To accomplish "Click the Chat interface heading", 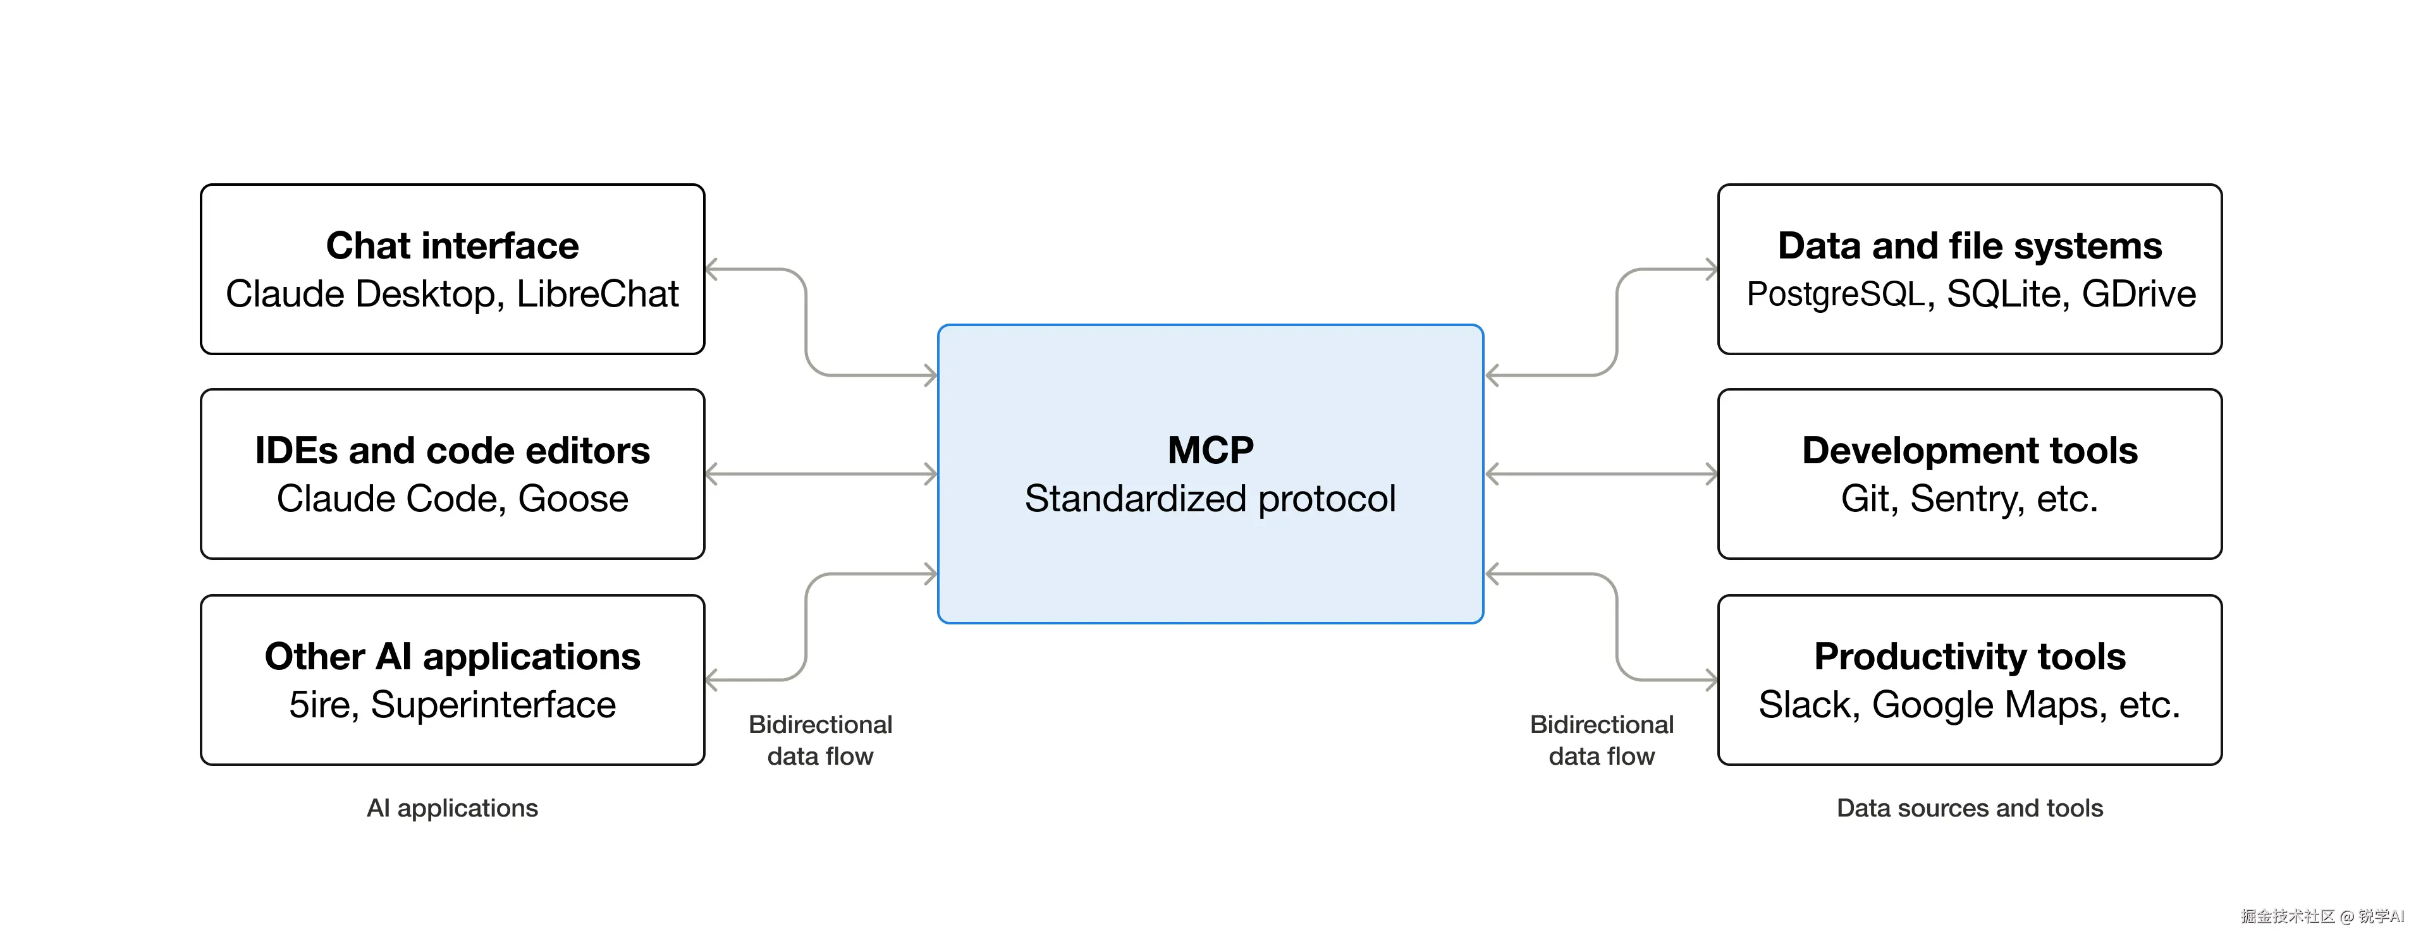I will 453,246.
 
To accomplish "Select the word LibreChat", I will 598,294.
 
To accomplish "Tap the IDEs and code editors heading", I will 453,451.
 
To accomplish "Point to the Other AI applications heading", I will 453,656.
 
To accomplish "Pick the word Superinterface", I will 493,705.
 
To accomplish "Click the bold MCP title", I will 1210,451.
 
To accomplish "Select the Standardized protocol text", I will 1210,499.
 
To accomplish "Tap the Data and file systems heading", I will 1970,246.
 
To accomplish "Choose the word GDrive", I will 2138,294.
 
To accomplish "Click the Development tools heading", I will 1970,451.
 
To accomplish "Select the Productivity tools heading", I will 1970,656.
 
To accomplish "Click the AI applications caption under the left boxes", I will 453,808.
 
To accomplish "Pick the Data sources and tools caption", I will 1970,808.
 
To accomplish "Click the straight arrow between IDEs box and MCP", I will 821,474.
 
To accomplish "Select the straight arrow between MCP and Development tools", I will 1602,474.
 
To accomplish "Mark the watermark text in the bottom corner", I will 2322,916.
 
